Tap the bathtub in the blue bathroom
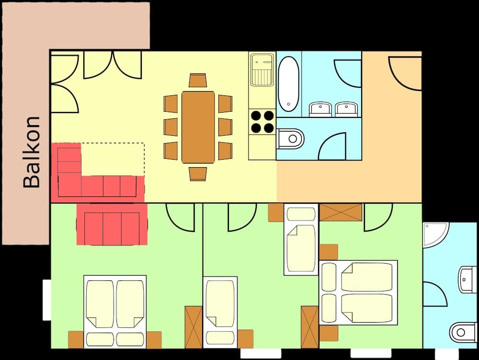coord(288,83)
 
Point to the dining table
coord(198,127)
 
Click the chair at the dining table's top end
coord(198,81)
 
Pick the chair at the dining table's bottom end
coord(198,173)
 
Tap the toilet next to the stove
coord(291,139)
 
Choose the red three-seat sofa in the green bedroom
coord(112,224)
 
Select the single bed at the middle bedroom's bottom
coord(220,312)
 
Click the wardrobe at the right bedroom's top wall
coord(341,212)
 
